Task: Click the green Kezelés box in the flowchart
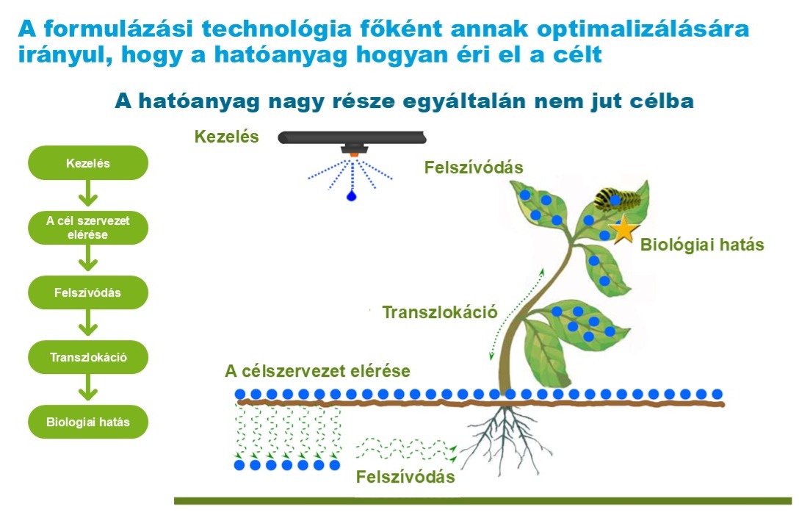point(88,162)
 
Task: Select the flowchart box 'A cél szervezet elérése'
point(88,227)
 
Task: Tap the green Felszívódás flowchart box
point(88,292)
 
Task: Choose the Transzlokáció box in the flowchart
point(88,357)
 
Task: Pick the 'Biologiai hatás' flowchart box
point(88,422)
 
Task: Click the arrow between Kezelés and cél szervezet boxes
point(88,194)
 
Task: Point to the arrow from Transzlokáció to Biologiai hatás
point(88,387)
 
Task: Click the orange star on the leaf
point(624,229)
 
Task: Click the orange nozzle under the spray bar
point(354,154)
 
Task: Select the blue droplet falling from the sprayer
point(352,195)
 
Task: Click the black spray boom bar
point(352,137)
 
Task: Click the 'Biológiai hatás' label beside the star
point(702,245)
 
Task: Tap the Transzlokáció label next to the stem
point(440,312)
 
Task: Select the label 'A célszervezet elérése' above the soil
point(318,371)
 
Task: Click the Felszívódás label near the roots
point(405,476)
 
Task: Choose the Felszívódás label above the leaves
point(474,168)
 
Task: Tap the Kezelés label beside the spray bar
point(226,137)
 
